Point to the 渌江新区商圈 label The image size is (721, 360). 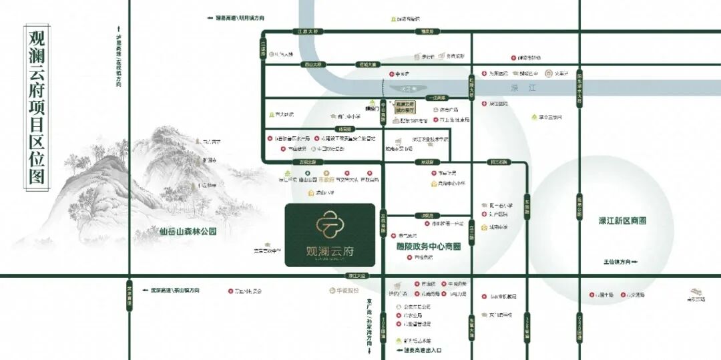pos(622,220)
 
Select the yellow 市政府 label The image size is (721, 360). pos(325,180)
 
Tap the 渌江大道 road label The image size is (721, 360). pos(358,275)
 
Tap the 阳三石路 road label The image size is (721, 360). pos(499,162)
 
